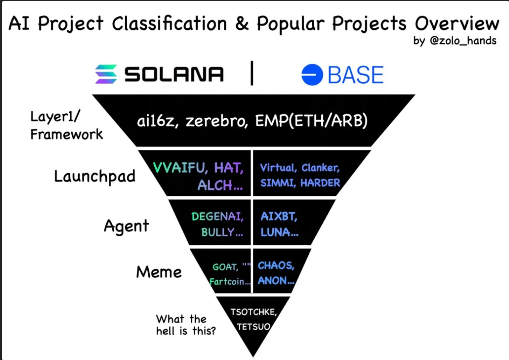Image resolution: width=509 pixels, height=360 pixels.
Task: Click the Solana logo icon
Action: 106,74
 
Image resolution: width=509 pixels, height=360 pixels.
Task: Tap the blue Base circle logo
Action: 312,75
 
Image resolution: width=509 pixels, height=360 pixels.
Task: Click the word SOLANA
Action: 174,74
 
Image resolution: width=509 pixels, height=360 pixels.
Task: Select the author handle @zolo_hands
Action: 463,41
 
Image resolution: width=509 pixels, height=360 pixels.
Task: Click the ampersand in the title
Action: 242,24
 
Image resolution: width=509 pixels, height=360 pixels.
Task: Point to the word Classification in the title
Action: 169,23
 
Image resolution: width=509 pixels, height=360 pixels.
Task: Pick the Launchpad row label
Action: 95,177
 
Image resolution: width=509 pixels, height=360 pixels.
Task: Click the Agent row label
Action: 126,226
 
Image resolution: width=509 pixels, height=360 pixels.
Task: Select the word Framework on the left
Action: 66,134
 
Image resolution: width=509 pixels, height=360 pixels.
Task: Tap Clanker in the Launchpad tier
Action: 320,168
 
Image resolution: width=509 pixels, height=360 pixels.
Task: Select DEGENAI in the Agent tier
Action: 218,216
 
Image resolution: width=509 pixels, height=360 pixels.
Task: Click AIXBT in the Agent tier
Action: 279,216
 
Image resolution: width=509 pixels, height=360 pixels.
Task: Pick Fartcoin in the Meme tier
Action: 230,281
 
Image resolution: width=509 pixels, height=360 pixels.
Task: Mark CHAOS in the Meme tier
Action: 276,266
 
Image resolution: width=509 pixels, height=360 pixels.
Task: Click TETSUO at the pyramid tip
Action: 254,327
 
